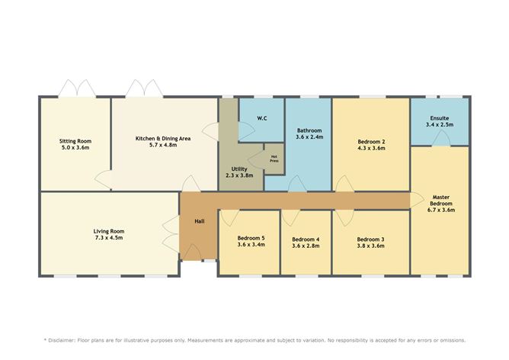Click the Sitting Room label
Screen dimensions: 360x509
pyautogui.click(x=75, y=140)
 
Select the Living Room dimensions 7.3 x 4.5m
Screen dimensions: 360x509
pyautogui.click(x=108, y=239)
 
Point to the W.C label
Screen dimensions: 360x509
pyautogui.click(x=261, y=118)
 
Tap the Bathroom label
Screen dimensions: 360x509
pyautogui.click(x=309, y=130)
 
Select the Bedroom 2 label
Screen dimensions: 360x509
pyautogui.click(x=371, y=141)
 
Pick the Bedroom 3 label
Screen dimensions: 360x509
pyautogui.click(x=370, y=239)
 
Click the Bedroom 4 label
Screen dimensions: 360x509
pyautogui.click(x=306, y=239)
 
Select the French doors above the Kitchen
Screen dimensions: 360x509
pyautogui.click(x=144, y=88)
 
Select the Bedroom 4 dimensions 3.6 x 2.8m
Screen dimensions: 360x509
pyautogui.click(x=306, y=247)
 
